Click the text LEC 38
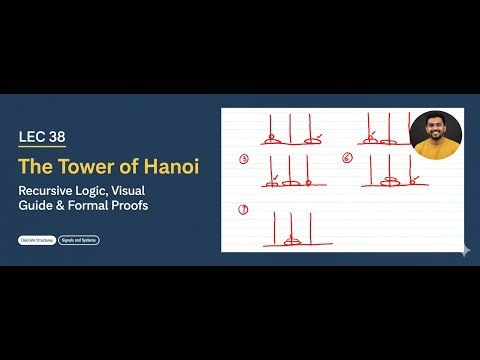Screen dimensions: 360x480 click(x=44, y=136)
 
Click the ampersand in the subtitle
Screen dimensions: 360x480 click(x=58, y=205)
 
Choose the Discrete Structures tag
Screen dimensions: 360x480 click(x=37, y=240)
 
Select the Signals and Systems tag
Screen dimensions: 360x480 click(x=79, y=240)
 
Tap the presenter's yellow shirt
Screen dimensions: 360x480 click(x=436, y=149)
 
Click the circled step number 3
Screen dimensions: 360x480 click(x=244, y=159)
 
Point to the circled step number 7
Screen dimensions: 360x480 click(x=243, y=209)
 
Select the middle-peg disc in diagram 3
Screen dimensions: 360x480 click(x=289, y=184)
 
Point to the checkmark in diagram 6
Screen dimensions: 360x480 click(x=413, y=177)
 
